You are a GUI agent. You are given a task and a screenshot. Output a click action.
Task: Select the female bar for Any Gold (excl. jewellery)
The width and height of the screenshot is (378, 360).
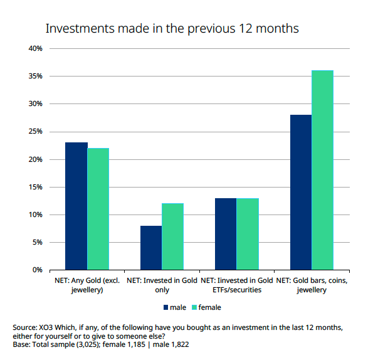point(98,209)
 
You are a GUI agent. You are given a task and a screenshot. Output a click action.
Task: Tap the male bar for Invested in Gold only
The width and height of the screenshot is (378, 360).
point(151,248)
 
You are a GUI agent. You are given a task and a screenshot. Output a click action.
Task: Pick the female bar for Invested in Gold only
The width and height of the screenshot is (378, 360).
point(173,236)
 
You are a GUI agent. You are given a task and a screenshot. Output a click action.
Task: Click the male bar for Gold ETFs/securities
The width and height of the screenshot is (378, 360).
point(226,234)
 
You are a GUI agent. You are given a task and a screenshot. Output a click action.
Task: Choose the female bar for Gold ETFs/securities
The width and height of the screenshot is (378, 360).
point(248,234)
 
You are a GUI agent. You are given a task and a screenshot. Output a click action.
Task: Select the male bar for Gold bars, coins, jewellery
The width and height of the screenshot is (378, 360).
point(301,192)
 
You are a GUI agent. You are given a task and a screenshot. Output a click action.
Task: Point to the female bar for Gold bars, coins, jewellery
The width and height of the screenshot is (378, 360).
point(323,170)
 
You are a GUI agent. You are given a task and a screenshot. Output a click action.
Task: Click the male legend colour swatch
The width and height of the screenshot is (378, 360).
point(166,307)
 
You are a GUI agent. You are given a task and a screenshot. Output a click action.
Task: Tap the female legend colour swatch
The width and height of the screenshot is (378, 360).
point(194,307)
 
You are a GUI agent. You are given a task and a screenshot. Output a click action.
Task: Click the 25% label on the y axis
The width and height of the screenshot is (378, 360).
point(34,132)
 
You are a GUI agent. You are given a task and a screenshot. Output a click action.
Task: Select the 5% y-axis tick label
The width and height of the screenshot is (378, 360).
point(36,243)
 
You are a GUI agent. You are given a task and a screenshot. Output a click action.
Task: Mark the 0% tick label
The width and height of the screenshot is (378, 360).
point(36,270)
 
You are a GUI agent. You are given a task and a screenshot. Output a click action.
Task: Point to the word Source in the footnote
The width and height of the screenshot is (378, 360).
point(24,328)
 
